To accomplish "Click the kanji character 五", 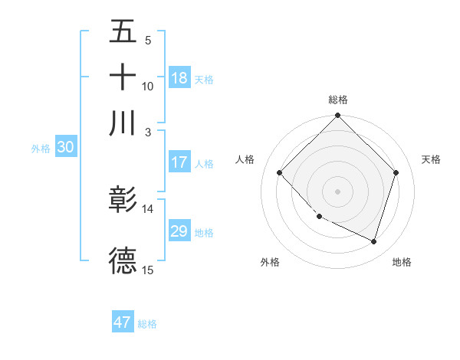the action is [123, 33].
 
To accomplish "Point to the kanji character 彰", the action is [123, 201].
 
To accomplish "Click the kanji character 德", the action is [123, 260].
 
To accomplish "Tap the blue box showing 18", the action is [179, 77].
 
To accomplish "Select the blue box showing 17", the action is [179, 162].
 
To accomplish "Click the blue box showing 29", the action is [179, 231].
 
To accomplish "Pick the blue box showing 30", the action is [65, 148].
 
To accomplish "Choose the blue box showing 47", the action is [123, 322].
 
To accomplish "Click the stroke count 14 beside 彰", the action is [148, 208].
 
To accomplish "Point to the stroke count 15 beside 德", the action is [148, 269].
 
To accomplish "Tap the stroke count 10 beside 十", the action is [148, 86].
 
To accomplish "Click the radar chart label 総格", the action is [338, 100].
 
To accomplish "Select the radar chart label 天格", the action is [431, 159].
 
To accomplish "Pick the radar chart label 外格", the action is [270, 262].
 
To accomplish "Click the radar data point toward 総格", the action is [338, 116].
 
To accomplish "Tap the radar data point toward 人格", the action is [280, 173].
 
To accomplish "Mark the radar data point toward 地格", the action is [373, 241].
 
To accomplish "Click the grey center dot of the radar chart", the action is [338, 191].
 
